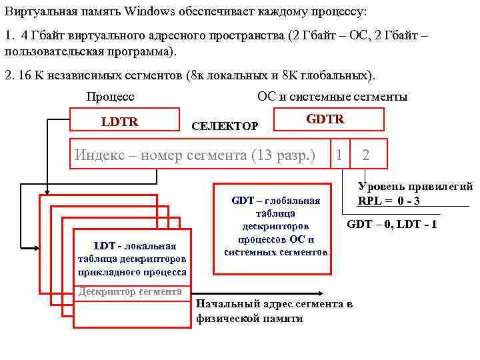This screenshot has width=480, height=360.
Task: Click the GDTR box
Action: click(x=324, y=119)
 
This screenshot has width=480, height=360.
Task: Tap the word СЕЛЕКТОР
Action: click(x=225, y=125)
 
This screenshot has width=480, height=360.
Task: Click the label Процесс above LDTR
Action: click(x=110, y=97)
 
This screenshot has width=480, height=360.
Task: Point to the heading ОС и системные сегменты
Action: click(x=332, y=97)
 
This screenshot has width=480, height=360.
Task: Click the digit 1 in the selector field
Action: click(x=340, y=155)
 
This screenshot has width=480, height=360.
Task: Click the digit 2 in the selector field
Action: click(x=365, y=155)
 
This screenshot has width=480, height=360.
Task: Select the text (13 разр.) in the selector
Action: click(x=283, y=155)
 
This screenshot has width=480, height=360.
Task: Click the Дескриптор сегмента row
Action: click(x=130, y=292)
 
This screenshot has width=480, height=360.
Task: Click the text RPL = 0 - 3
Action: click(x=389, y=201)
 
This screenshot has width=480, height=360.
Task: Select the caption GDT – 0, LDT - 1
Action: click(x=392, y=224)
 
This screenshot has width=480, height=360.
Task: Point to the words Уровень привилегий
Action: click(x=415, y=187)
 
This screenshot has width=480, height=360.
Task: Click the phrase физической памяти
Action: click(x=249, y=318)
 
